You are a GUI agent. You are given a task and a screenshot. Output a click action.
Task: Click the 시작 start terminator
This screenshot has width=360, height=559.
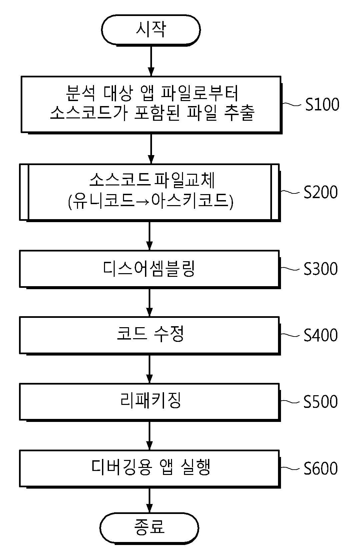click(151, 30)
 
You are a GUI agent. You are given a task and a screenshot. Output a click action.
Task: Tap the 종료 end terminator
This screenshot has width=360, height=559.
click(149, 527)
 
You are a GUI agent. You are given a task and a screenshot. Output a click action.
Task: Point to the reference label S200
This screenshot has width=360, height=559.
click(321, 192)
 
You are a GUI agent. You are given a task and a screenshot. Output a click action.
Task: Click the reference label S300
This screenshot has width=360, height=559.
click(321, 269)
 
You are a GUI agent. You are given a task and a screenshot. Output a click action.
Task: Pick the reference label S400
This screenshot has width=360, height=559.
click(321, 335)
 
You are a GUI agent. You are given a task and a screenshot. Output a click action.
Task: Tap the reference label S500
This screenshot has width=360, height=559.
click(321, 402)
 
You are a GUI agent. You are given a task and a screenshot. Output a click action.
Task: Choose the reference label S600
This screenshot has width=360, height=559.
click(321, 468)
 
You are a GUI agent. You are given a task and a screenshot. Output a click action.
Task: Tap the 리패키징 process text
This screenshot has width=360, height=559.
click(150, 401)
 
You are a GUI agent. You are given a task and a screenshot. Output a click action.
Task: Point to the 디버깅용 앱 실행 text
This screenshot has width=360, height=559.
click(151, 467)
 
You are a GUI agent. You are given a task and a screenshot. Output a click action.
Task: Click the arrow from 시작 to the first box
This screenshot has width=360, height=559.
click(151, 61)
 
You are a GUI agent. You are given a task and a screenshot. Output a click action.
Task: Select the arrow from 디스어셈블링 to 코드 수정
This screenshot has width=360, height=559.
click(149, 302)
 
